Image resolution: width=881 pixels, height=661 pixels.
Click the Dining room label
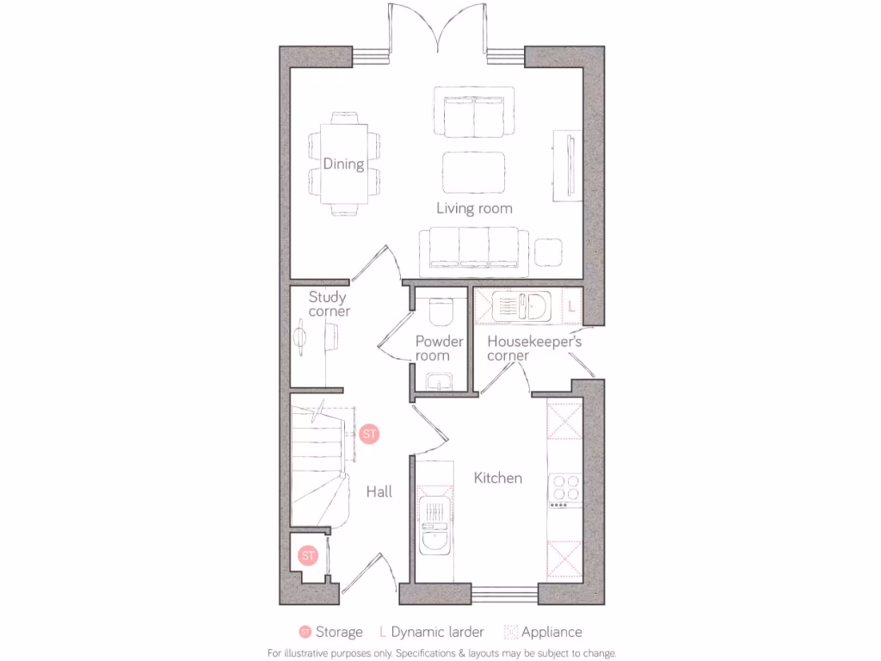(343, 164)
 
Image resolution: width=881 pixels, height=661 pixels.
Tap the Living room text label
(474, 208)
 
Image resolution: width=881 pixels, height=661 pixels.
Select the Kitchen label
(498, 478)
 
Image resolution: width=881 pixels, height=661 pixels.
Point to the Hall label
(379, 491)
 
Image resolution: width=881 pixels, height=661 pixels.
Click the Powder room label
(439, 349)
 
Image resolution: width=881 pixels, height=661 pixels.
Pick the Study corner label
(329, 304)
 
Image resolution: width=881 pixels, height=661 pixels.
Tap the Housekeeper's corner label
(533, 349)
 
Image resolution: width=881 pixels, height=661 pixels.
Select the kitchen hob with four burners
(565, 488)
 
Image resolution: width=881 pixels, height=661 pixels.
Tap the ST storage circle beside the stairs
(369, 434)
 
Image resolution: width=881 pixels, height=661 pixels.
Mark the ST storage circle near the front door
(308, 555)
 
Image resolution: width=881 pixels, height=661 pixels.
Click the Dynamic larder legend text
(437, 633)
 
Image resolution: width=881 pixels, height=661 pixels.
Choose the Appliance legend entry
(551, 633)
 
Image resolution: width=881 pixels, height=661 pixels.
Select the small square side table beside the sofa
(548, 252)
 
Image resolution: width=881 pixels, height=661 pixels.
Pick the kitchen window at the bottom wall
(505, 593)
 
